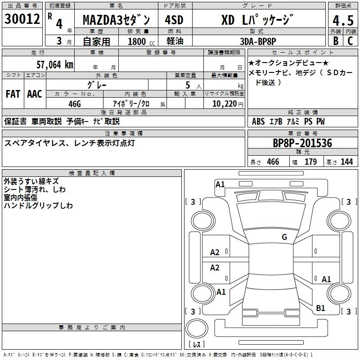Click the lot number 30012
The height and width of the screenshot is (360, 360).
pyautogui.click(x=22, y=19)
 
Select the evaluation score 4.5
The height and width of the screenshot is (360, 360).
pyautogui.click(x=342, y=21)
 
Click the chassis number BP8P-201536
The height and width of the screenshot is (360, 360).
pyautogui.click(x=302, y=144)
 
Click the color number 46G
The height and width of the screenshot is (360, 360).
pyautogui.click(x=74, y=103)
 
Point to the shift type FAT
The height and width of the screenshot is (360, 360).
pyautogui.click(x=13, y=94)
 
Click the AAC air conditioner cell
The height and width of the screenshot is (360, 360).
pyautogui.click(x=35, y=94)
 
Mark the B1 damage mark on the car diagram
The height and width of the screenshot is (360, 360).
pyautogui.click(x=320, y=308)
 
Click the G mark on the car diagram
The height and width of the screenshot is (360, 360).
pyautogui.click(x=284, y=237)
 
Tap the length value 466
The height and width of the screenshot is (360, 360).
pyautogui.click(x=273, y=162)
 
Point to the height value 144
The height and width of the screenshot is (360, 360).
pyautogui.click(x=346, y=162)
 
